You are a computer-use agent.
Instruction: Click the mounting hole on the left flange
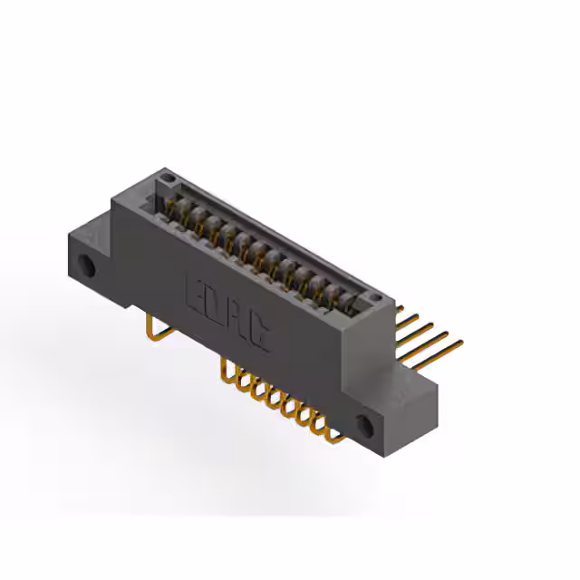click(88, 266)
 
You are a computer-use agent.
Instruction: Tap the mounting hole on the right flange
click(367, 424)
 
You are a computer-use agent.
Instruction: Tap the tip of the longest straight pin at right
click(460, 343)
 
